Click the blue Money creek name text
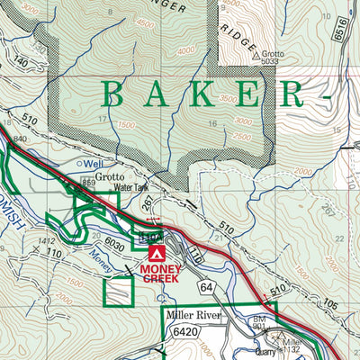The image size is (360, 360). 103,261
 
